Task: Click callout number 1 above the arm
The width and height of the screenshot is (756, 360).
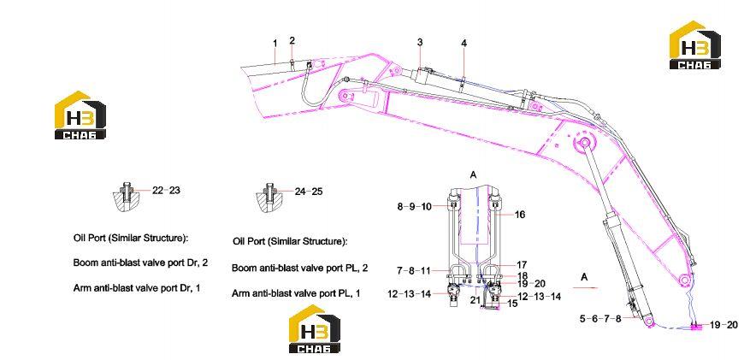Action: click(275, 44)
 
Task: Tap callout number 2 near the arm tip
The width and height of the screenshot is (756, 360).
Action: click(292, 40)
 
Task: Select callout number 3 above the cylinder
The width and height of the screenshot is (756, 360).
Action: click(420, 43)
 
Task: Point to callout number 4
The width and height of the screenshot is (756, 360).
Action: click(464, 44)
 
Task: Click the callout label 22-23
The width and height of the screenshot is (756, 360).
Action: click(166, 191)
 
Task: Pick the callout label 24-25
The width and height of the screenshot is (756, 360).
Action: click(309, 192)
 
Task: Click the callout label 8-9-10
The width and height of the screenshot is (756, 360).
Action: click(414, 207)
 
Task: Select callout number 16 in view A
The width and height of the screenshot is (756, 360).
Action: click(520, 215)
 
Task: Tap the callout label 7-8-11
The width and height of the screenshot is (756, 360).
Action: click(414, 271)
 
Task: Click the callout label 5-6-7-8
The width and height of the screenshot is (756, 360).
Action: click(600, 319)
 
